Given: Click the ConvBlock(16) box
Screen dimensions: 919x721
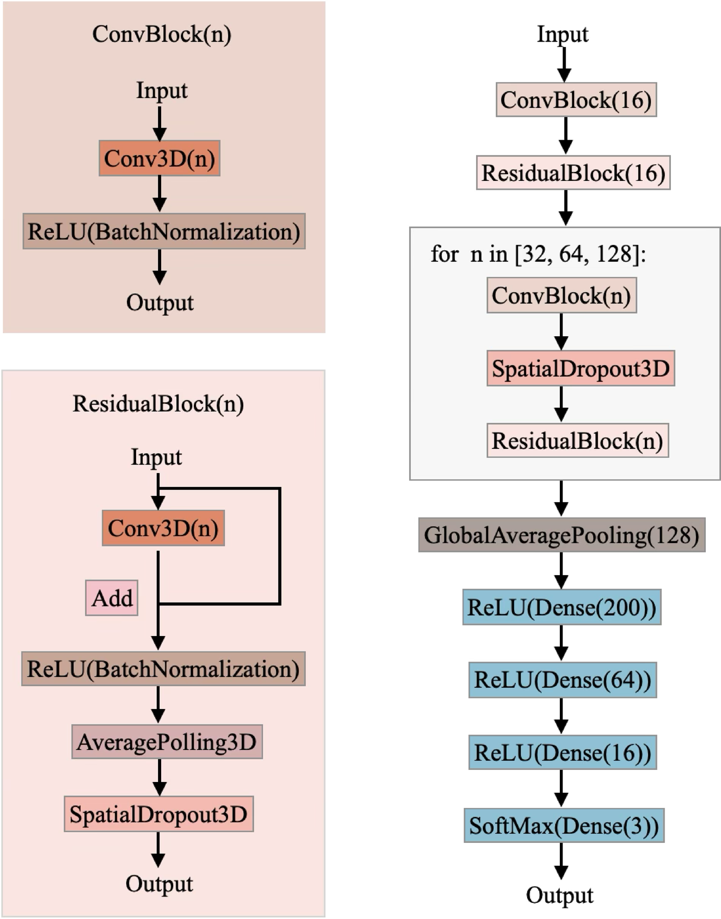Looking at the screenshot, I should [576, 99].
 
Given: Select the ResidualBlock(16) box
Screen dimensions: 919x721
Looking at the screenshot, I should [573, 173].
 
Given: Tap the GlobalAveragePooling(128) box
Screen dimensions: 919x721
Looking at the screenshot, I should [561, 535].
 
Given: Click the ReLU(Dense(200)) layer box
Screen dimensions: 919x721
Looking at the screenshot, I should [561, 607].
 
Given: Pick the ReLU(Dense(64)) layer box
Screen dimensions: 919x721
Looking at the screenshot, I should [562, 680].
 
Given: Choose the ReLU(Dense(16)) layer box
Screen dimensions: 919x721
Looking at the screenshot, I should [562, 752].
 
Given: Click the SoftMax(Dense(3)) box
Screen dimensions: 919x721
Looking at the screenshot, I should [563, 825].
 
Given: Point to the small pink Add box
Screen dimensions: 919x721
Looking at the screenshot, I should [111, 598].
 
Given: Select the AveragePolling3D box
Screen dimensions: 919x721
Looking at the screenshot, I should [166, 742].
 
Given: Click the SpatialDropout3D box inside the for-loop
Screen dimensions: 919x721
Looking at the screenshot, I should [580, 368].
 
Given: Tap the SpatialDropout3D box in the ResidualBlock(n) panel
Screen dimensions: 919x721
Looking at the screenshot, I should [158, 814].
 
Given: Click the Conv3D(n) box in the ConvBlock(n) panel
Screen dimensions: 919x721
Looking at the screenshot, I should [159, 158].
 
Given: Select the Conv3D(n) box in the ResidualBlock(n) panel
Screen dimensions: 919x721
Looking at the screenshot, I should [163, 528].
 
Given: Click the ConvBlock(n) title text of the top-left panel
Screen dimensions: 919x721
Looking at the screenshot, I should [162, 34].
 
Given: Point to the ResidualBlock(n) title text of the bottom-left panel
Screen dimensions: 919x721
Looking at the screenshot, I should [158, 404].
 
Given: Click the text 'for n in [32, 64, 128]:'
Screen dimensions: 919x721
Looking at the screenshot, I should [538, 254].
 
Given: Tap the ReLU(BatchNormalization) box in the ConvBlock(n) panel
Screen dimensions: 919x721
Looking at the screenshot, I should [164, 231].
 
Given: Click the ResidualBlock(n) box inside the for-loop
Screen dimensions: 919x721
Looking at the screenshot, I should [577, 441].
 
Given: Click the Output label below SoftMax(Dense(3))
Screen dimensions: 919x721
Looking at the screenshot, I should [559, 895].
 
